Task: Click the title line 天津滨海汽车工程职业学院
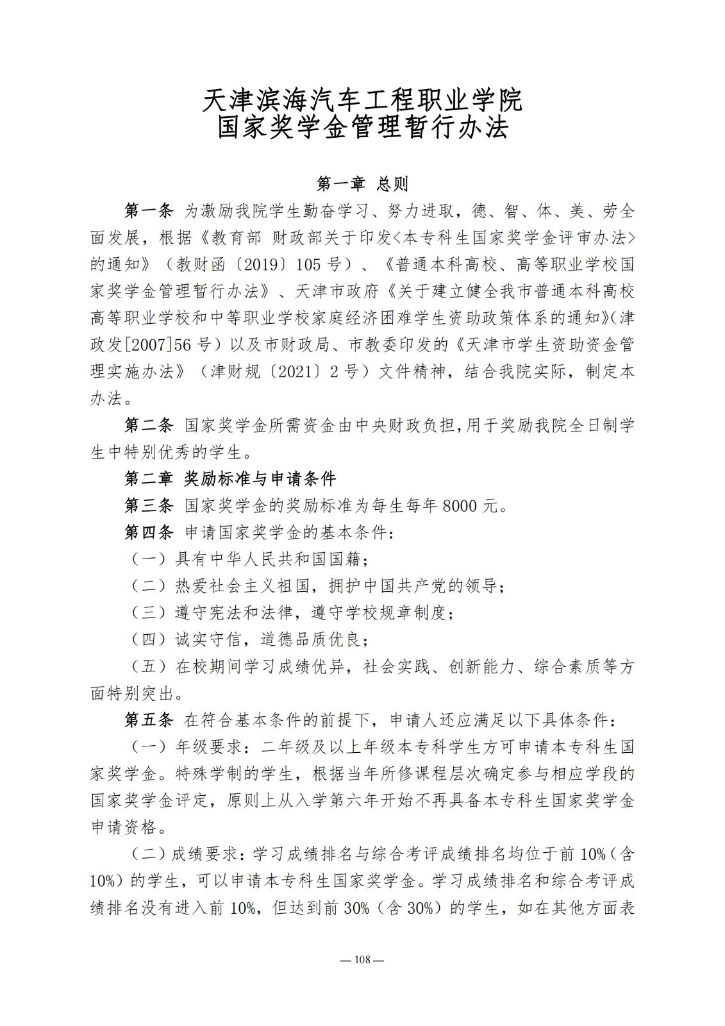click(362, 100)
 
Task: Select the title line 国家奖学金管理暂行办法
click(362, 127)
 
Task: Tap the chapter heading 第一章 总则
click(362, 185)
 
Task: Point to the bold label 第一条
click(149, 211)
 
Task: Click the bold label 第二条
click(149, 425)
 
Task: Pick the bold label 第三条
click(149, 506)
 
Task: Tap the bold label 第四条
click(149, 532)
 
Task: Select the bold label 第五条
click(149, 720)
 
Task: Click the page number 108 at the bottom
click(362, 960)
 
